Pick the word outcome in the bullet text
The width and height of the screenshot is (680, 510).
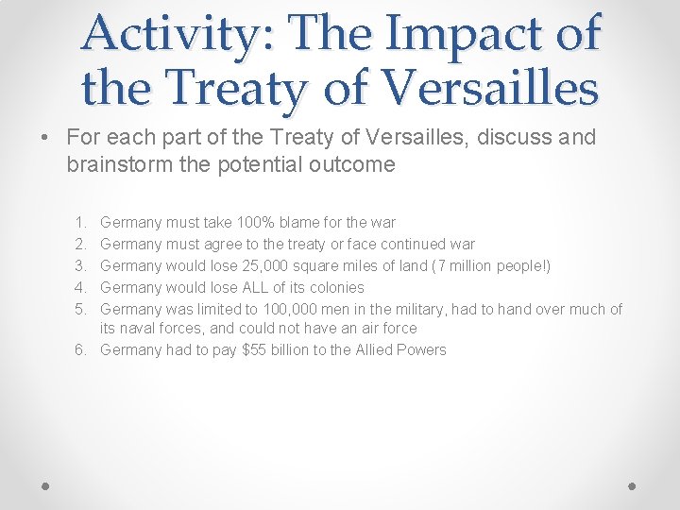[354, 163]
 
